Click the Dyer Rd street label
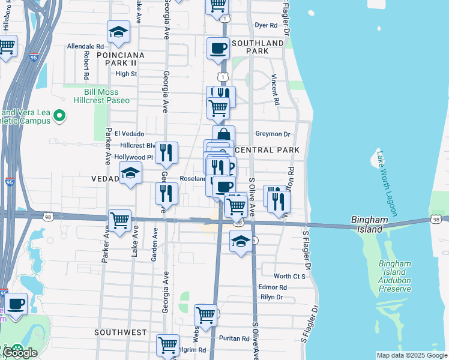tap(266, 25)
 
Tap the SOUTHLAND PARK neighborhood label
tap(258, 47)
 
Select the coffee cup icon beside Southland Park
tap(218, 49)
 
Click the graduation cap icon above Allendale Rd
tap(119, 32)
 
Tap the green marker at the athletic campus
tap(59, 115)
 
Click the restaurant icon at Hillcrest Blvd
tap(166, 152)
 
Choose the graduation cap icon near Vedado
tap(130, 173)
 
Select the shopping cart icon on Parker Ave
tap(120, 220)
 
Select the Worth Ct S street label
tap(289, 276)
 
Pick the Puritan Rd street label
tap(234, 338)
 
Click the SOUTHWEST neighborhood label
tap(121, 332)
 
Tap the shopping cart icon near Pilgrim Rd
tap(167, 345)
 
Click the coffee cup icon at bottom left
tap(16, 303)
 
